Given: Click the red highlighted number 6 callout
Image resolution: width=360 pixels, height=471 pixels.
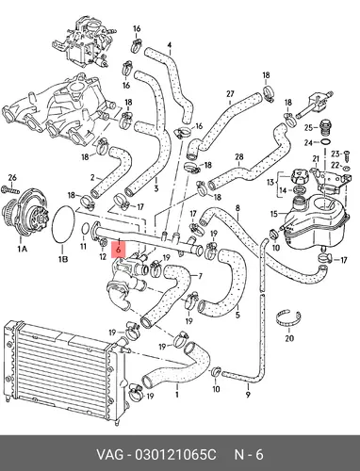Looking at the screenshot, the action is [118, 250].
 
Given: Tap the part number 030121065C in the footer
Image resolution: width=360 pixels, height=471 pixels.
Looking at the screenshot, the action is [175, 455].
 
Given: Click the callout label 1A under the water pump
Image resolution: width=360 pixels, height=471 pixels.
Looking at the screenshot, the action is [22, 249].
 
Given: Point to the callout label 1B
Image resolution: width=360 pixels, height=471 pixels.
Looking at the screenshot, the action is [63, 259].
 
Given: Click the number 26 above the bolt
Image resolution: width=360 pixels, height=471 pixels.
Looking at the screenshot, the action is [12, 178].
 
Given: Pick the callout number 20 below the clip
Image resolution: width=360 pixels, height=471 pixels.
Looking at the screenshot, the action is [289, 338].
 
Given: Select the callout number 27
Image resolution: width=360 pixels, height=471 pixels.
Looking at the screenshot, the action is [230, 93].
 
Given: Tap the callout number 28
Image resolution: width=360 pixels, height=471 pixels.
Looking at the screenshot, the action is [239, 156].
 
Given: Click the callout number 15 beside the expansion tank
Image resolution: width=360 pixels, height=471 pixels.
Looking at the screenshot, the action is [274, 214].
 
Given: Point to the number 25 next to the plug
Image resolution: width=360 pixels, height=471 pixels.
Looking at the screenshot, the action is [308, 128].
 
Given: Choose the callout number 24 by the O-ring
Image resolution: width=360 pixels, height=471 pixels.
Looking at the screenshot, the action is [308, 143].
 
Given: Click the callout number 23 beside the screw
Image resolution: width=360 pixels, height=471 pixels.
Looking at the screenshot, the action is [335, 154].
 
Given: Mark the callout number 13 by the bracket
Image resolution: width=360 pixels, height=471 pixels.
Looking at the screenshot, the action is [270, 182].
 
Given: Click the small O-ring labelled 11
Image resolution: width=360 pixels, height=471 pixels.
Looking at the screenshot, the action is [85, 229].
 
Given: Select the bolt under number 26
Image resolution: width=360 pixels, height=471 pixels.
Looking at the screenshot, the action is [10, 189].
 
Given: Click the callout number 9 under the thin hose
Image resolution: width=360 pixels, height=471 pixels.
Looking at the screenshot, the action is [248, 394].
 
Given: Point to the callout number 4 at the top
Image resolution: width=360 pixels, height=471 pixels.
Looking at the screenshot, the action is [170, 45].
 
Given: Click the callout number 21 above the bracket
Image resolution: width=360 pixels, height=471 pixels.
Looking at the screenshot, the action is [316, 159].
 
